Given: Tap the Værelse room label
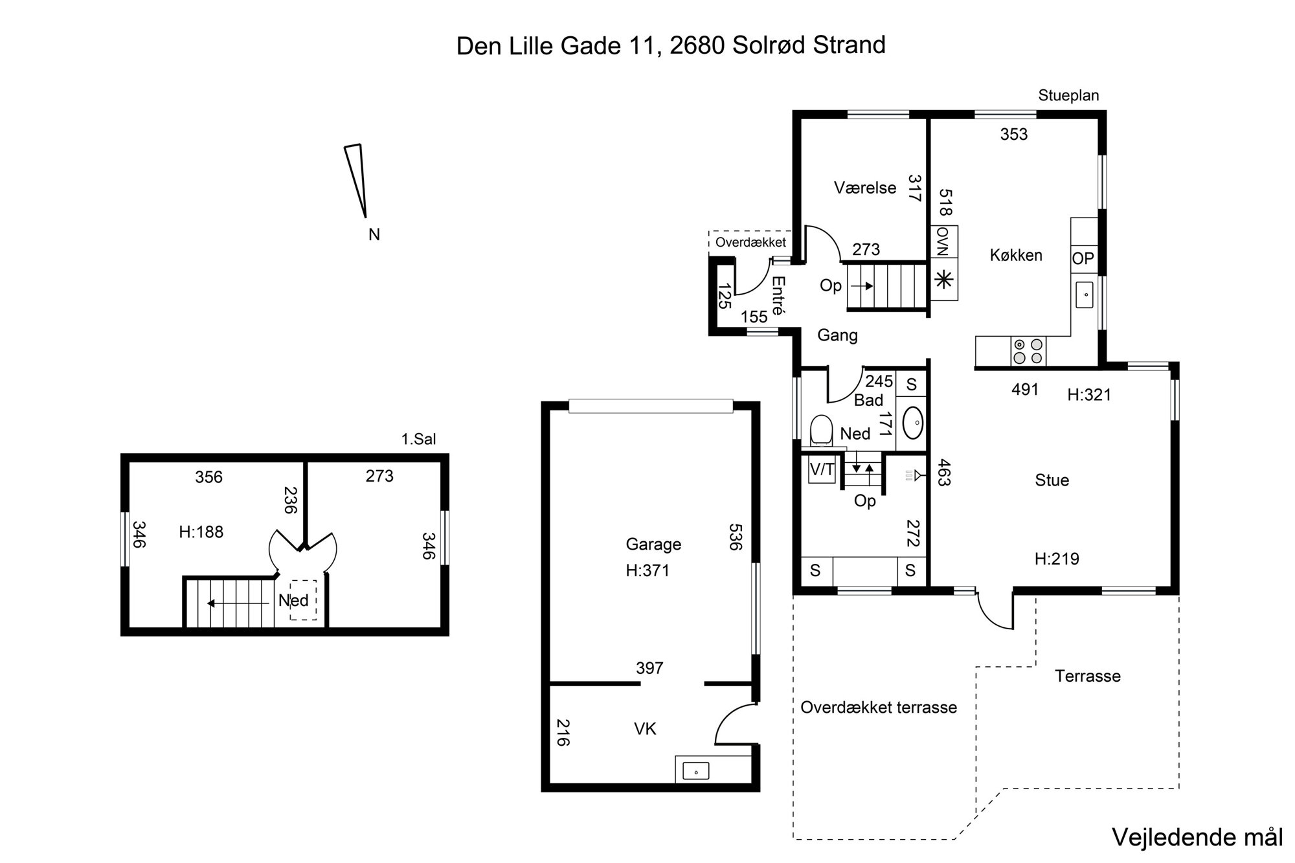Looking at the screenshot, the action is click(865, 188).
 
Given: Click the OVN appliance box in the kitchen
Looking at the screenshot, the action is click(944, 242).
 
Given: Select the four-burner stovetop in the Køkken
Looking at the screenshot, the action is click(1028, 352).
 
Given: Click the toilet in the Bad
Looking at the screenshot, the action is click(821, 430).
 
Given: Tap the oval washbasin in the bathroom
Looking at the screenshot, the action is click(913, 423).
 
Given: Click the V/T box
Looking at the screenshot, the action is click(822, 469).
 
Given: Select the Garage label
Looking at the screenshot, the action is click(653, 544).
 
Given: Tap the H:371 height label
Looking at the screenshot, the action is click(647, 570).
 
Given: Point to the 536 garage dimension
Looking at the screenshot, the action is click(734, 537).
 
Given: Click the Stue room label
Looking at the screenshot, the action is click(1052, 480).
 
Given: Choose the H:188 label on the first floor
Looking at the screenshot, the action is click(201, 532).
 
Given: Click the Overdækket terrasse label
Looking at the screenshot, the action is click(879, 707).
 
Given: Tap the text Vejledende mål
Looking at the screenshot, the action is click(1197, 837).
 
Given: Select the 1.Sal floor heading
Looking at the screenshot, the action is click(418, 439).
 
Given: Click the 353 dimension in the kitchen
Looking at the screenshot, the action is click(1014, 134).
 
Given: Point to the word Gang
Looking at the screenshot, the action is click(837, 335).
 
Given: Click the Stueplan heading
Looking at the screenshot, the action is click(1068, 96).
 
